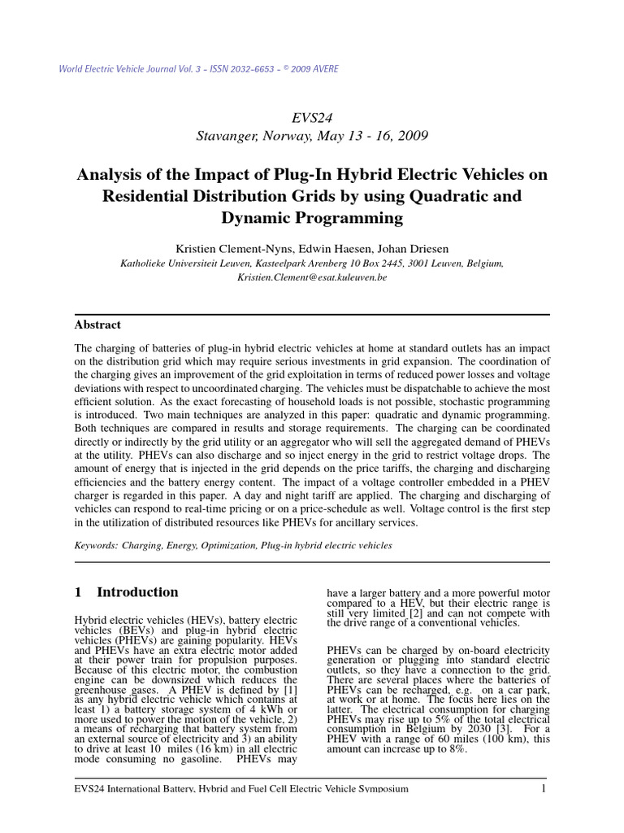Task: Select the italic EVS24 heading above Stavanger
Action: click(312, 117)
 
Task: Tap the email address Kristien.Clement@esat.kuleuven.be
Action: click(312, 277)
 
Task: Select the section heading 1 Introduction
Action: click(126, 592)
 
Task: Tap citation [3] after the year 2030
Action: click(490, 728)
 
